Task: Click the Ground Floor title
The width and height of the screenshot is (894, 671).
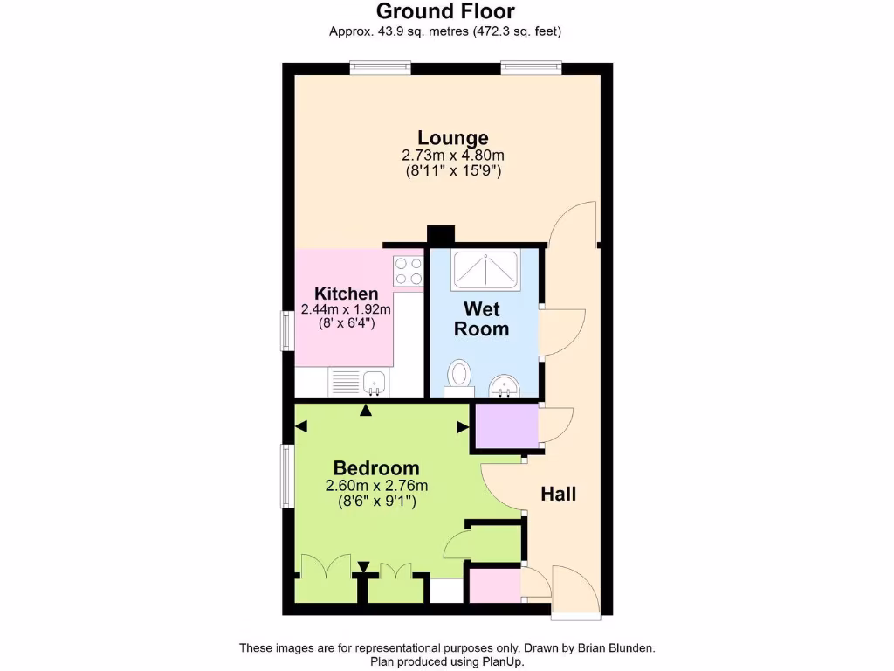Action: click(445, 11)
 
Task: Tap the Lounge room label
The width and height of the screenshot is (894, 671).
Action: click(452, 137)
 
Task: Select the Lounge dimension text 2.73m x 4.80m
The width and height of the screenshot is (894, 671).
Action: click(452, 156)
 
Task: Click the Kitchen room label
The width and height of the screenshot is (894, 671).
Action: click(346, 294)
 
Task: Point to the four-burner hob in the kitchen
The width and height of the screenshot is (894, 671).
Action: click(408, 270)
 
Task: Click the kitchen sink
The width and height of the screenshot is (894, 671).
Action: click(375, 382)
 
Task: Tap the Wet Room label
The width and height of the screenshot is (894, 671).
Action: click(482, 319)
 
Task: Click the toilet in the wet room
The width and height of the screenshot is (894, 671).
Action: click(458, 376)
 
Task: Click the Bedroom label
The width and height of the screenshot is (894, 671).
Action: click(376, 468)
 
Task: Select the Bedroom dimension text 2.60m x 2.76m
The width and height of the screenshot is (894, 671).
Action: click(376, 487)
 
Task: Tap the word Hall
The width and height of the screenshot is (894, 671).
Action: click(559, 494)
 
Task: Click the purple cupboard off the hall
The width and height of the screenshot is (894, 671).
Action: click(505, 427)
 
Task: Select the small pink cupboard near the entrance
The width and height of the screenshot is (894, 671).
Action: click(493, 585)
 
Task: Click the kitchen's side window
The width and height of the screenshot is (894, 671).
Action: click(285, 331)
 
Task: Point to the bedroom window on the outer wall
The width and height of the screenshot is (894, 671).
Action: click(285, 475)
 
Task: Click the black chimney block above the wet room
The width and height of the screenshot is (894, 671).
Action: click(441, 234)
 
